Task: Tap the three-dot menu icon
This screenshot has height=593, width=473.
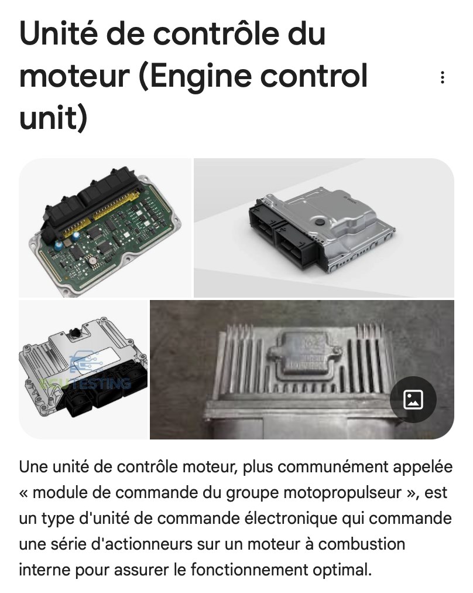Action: click(443, 77)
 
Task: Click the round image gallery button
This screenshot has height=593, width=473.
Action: click(413, 400)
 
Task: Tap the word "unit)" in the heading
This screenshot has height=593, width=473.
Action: click(53, 118)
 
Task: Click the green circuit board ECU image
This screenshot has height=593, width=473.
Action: click(105, 228)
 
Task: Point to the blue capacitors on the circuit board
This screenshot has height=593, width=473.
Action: click(67, 241)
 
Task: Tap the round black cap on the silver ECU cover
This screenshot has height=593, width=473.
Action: click(320, 221)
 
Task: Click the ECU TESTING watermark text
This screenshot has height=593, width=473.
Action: click(85, 383)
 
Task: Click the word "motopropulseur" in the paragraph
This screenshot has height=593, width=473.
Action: click(342, 493)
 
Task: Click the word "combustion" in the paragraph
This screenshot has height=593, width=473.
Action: click(362, 544)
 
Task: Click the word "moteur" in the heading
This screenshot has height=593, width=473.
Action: click(75, 76)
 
